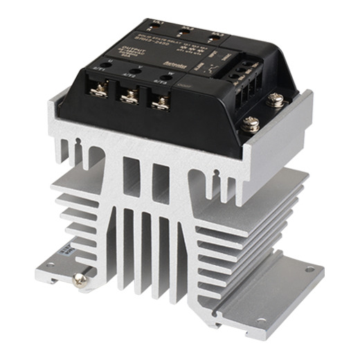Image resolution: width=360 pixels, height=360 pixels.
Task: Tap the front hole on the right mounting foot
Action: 260,321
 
